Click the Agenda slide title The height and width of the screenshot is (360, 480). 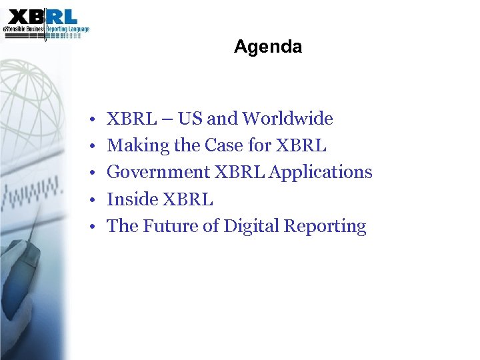pos(268,47)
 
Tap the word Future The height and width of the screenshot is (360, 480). pos(170,226)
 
